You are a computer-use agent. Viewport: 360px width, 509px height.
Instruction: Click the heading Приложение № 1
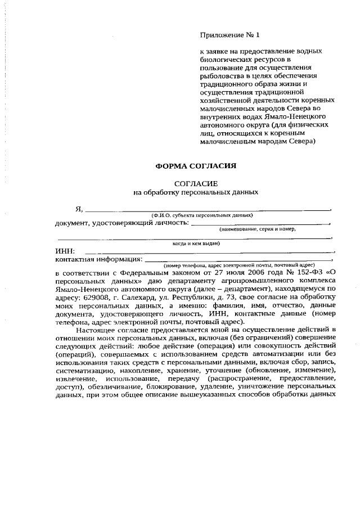coord(231,35)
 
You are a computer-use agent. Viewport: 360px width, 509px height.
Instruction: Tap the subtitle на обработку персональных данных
coord(195,192)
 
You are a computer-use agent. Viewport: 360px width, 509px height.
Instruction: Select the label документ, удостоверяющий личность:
coord(121,223)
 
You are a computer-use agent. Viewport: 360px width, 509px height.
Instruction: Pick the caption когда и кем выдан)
coord(196,244)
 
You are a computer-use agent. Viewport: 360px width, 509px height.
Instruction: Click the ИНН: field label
coord(66,251)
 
